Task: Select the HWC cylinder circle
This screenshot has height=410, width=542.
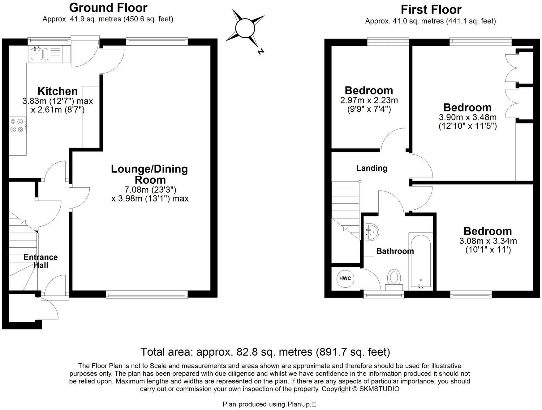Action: point(345,278)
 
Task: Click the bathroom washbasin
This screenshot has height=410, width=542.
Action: point(371,232)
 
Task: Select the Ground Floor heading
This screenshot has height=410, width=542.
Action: point(108,7)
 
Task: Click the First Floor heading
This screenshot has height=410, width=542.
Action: point(431,10)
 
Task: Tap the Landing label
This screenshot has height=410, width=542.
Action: point(372,168)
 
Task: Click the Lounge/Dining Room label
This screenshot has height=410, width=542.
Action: point(149,174)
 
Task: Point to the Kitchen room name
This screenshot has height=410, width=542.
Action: point(58,91)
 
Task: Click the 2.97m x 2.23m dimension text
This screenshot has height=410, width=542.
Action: point(369,100)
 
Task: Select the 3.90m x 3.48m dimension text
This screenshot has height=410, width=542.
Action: point(467,117)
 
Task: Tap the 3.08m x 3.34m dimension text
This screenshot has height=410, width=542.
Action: point(488,241)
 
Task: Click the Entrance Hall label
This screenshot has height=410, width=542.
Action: point(41,261)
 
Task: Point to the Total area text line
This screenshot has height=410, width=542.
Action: point(265,352)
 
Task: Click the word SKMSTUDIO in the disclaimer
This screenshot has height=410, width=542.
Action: point(379,389)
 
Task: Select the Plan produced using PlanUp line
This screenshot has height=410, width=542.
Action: point(268,404)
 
